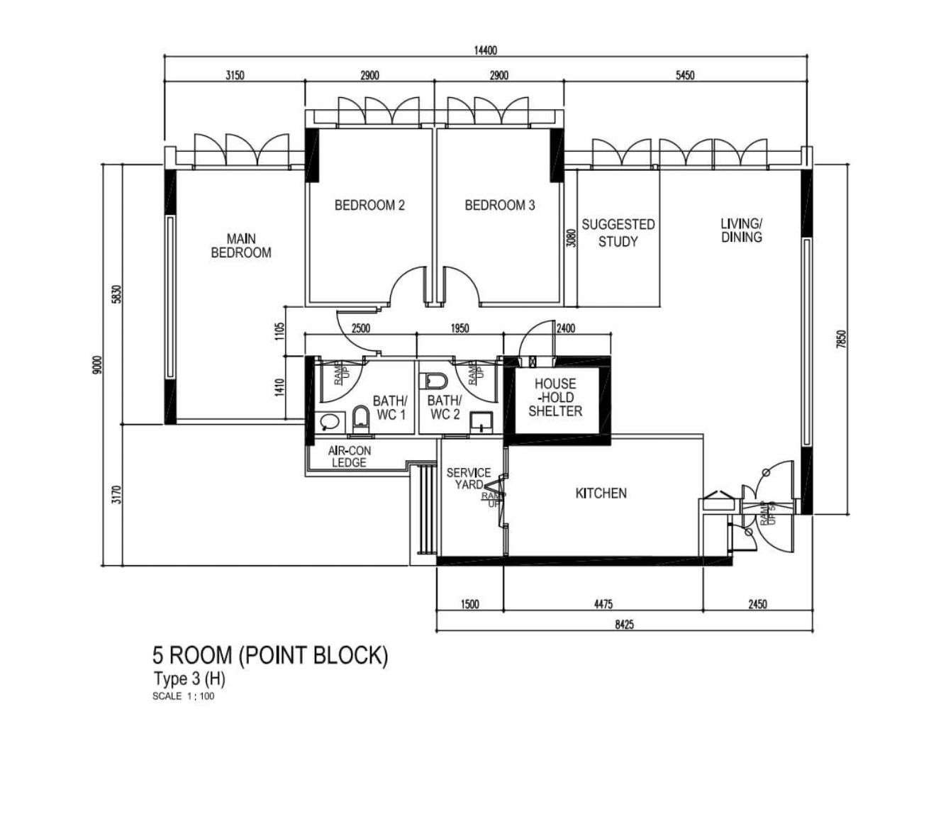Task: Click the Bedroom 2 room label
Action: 369,205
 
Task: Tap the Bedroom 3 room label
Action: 500,205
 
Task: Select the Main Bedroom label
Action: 240,245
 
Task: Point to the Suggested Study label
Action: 618,233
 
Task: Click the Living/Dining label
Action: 742,230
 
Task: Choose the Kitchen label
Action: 601,493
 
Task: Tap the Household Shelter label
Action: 555,397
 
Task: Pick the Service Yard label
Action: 469,479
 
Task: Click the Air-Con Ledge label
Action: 350,457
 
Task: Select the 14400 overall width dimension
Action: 486,50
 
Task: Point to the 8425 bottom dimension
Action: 624,625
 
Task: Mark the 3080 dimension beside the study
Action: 572,238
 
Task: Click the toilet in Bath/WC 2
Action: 435,381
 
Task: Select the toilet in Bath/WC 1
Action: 360,419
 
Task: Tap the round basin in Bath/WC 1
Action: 330,421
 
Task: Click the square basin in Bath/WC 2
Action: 481,422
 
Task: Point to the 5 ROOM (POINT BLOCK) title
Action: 270,655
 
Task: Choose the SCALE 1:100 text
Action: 184,696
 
